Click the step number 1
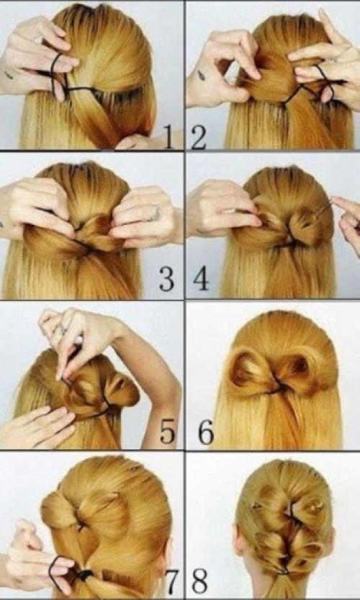pos(169,137)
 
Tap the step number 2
pos(198,138)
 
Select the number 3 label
pos(166,279)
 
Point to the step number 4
pos(200,279)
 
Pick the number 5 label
pos(168,431)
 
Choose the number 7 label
pos(172,581)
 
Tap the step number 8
pos(199,581)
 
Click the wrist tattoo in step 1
pos(9,75)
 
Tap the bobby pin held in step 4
pos(324,209)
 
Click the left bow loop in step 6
pos(248,372)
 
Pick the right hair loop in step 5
pos(120,390)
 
